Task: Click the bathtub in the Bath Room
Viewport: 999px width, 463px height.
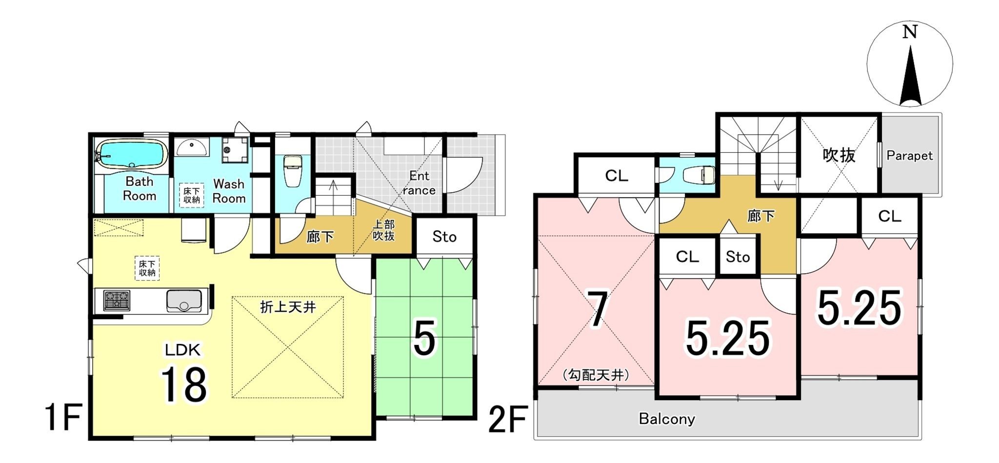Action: click(x=131, y=155)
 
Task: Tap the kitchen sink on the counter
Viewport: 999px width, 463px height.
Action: click(x=184, y=301)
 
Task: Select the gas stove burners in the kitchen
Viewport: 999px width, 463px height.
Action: click(x=117, y=301)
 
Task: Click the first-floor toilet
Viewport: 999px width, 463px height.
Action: click(x=293, y=171)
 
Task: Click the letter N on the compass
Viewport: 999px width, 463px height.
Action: click(x=910, y=32)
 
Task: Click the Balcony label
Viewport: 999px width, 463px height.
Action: click(x=667, y=419)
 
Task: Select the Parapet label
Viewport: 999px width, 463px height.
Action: click(x=909, y=156)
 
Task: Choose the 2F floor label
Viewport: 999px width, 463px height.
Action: click(x=508, y=420)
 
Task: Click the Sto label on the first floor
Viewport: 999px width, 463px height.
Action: click(x=444, y=237)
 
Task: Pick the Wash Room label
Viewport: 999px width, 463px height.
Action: click(x=229, y=191)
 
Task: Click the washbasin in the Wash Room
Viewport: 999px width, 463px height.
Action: click(x=192, y=146)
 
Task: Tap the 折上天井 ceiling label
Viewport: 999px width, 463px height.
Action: click(x=288, y=307)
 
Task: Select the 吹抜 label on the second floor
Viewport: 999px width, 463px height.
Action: click(x=839, y=155)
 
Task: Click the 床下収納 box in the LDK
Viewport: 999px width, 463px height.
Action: click(x=147, y=268)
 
